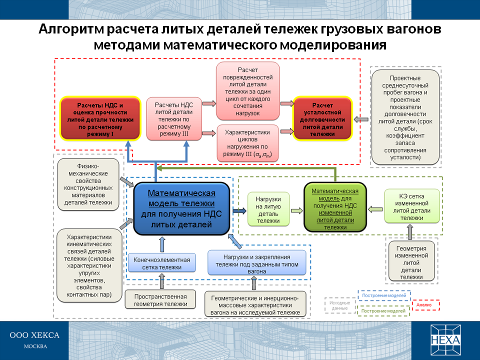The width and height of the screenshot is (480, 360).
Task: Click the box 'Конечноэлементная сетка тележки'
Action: [x=161, y=263]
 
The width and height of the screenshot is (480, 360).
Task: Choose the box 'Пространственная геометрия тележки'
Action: [x=161, y=299]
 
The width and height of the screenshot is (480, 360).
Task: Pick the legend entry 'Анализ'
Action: [x=425, y=304]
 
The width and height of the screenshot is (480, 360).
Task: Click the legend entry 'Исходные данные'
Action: [x=339, y=304]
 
